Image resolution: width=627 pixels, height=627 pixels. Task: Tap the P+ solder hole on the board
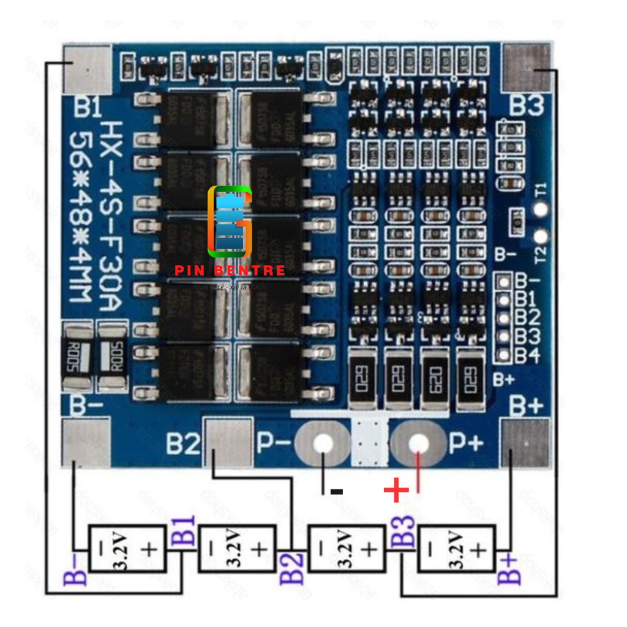(x=419, y=443)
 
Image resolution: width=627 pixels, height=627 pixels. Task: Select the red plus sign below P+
(x=396, y=490)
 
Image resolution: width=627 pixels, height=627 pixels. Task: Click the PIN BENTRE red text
(x=230, y=271)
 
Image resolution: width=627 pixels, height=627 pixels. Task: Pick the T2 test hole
(x=540, y=237)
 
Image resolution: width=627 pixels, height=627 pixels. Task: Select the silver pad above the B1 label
(x=88, y=69)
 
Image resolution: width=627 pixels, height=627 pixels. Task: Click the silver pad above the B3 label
(x=527, y=67)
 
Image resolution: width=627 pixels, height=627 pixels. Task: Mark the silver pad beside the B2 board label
(x=228, y=443)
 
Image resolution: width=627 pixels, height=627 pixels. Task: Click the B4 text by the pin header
(x=527, y=355)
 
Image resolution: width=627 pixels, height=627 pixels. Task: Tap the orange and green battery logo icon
(x=230, y=222)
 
